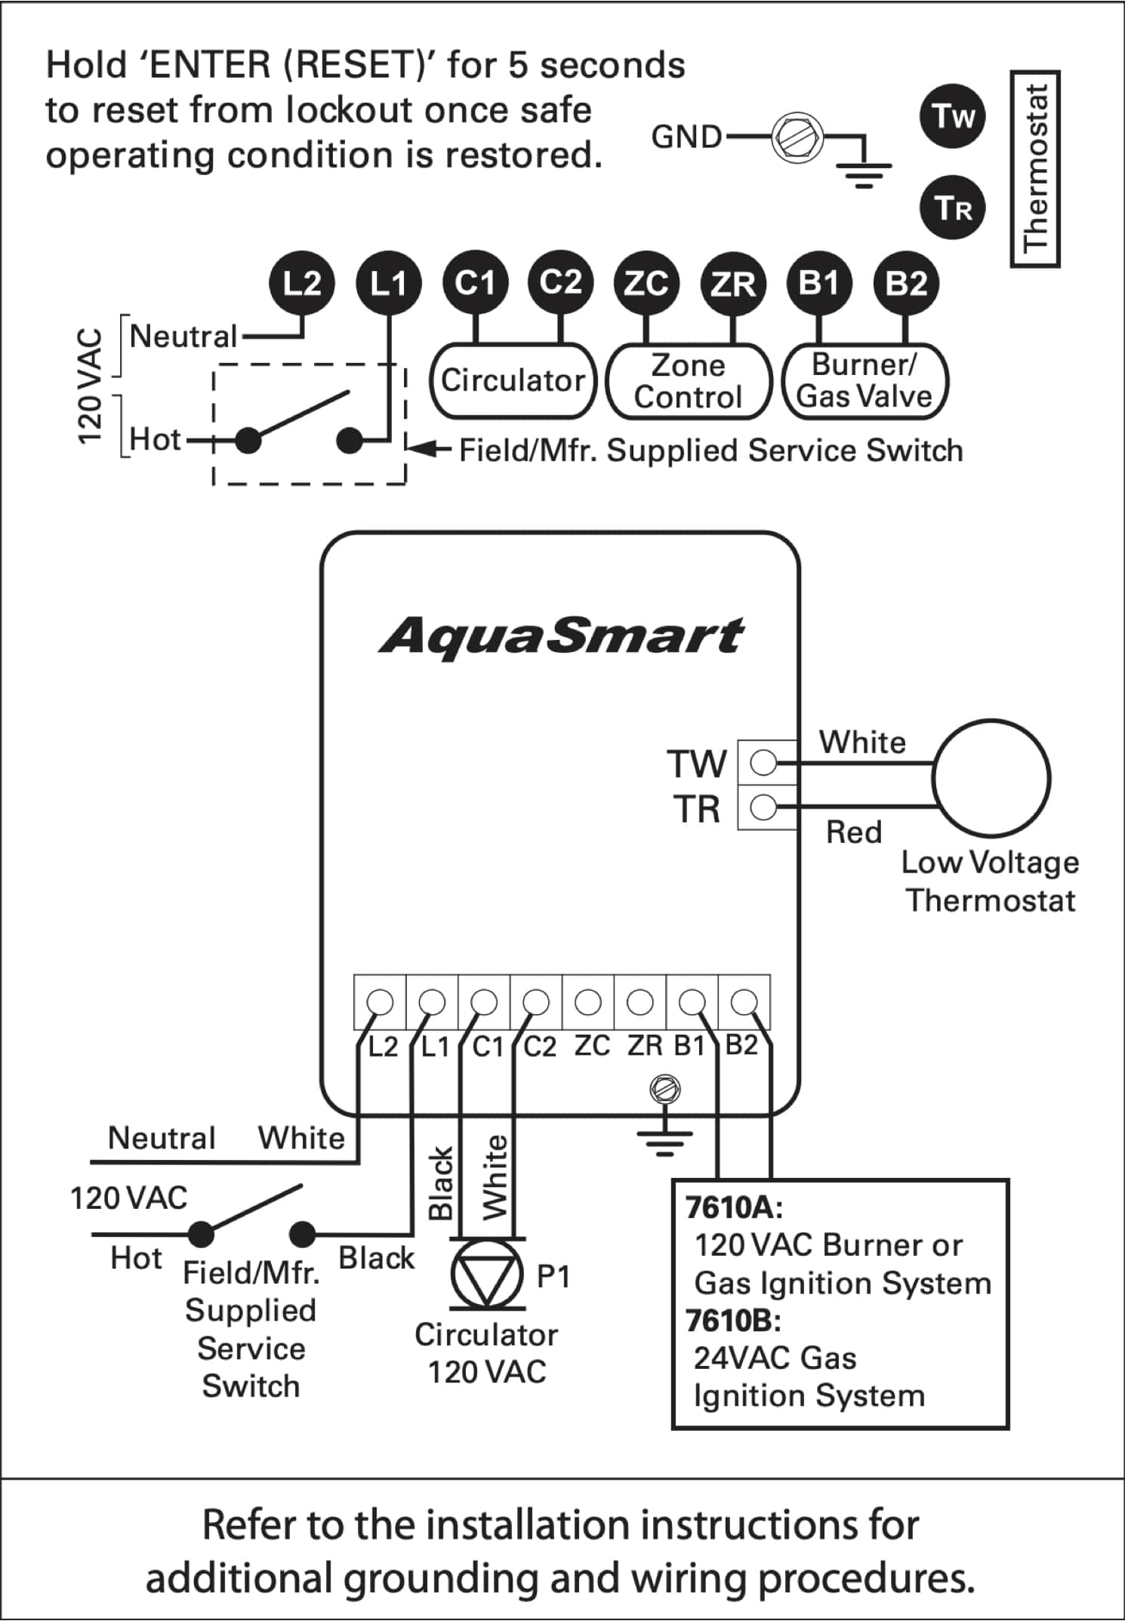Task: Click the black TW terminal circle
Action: point(953,115)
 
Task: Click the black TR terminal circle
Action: point(953,207)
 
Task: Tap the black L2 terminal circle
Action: point(301,283)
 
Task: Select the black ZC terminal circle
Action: point(646,283)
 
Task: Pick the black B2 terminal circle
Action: point(905,283)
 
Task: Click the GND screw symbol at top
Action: point(797,138)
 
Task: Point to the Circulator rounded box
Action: point(513,381)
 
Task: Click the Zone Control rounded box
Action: point(688,381)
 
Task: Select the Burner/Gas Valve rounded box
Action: point(865,381)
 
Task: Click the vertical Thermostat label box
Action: point(1035,168)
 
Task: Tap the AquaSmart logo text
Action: point(561,635)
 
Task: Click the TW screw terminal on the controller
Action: point(764,762)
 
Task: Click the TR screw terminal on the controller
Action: point(764,807)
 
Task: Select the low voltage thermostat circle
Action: point(991,778)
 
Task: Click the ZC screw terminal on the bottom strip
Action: point(588,1002)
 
